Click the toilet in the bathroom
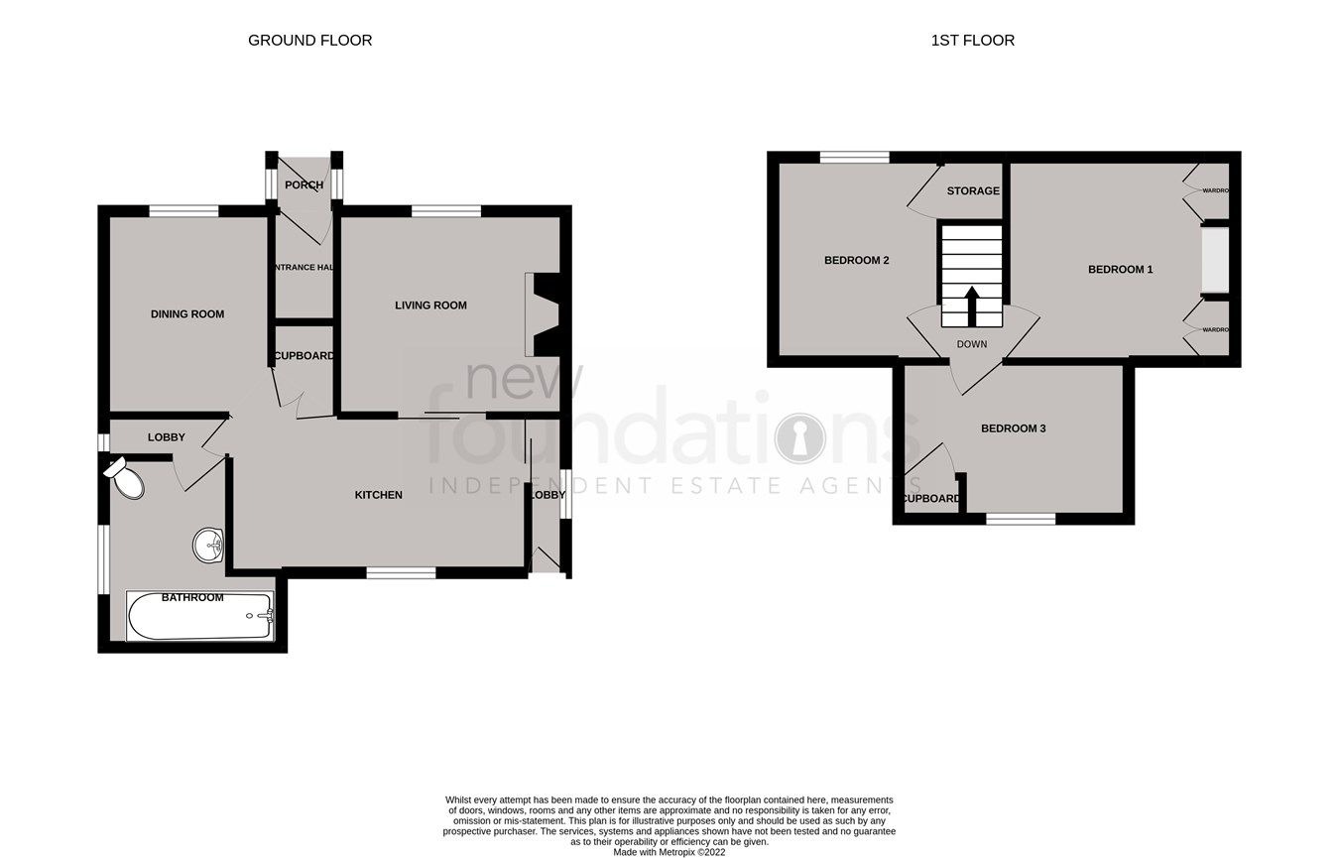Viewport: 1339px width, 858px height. (x=126, y=480)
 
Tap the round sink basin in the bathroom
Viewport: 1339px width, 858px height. (x=209, y=545)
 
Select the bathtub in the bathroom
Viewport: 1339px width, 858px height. (x=199, y=617)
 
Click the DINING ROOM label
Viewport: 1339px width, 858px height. (x=187, y=314)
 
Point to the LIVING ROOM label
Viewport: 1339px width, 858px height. (x=430, y=306)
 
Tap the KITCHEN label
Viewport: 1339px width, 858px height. (x=379, y=495)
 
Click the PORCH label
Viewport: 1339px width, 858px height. (x=304, y=185)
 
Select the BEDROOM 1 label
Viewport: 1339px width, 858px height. (x=1120, y=270)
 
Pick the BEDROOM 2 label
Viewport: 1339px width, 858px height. (x=856, y=261)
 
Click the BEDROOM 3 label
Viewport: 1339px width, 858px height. (x=1013, y=429)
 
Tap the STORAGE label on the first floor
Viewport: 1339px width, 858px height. (x=972, y=191)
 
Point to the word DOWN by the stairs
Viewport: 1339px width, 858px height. (x=971, y=345)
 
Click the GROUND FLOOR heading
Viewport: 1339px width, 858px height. (x=309, y=41)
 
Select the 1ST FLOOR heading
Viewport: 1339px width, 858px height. (x=972, y=41)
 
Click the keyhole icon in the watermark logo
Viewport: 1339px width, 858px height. (x=799, y=438)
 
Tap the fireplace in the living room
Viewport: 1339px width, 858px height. (x=545, y=314)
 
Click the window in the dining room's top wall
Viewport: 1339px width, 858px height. (x=183, y=210)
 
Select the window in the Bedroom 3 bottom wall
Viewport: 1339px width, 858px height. (x=1021, y=518)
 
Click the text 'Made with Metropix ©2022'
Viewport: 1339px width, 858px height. (x=669, y=852)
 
